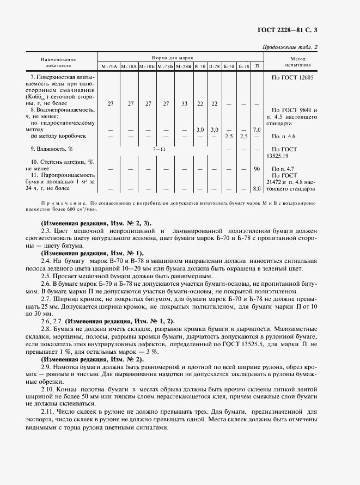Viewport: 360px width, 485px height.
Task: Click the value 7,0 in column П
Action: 257,130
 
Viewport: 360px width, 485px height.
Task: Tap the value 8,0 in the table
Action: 257,189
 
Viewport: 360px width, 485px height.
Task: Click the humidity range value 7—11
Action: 158,149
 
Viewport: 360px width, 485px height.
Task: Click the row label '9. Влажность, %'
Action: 52,149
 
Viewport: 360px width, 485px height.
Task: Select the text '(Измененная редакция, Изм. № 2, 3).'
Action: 96,223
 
